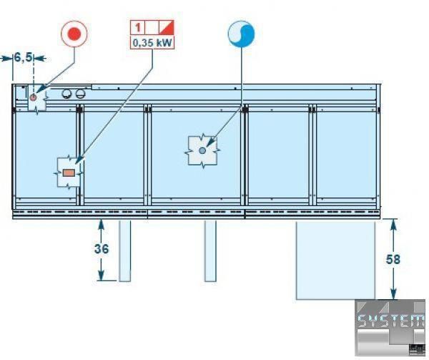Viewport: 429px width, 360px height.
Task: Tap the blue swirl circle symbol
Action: tap(241, 33)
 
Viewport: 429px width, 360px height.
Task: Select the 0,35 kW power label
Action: tap(152, 42)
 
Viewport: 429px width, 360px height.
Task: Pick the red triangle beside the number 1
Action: tap(167, 28)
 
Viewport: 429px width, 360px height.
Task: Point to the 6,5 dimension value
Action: tap(23, 57)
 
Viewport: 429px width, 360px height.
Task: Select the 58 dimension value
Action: tap(393, 259)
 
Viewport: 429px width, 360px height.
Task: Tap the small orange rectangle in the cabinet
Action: tap(69, 172)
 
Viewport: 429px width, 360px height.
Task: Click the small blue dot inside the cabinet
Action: tap(203, 150)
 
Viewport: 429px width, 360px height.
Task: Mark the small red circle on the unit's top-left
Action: tap(33, 97)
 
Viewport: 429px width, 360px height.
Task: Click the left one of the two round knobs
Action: tap(68, 94)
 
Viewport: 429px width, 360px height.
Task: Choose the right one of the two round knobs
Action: tap(80, 94)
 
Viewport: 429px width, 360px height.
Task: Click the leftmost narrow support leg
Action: tap(124, 250)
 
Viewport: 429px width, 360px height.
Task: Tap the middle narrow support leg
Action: tap(210, 250)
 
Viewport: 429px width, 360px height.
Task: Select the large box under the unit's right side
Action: tap(335, 260)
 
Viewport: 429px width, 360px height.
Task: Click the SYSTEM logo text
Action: tap(390, 321)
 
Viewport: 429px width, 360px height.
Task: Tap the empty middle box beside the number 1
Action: tap(152, 28)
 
